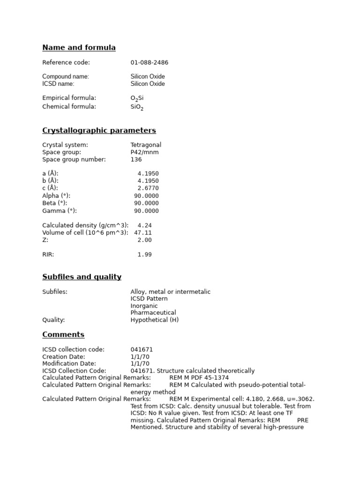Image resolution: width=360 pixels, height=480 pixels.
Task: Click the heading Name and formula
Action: click(x=79, y=48)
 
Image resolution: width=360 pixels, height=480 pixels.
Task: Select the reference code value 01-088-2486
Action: click(x=150, y=63)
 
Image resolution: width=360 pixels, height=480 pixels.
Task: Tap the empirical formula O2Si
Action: click(x=137, y=98)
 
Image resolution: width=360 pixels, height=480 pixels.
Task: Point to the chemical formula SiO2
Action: click(x=137, y=107)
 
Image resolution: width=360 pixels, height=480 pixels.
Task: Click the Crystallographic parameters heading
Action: click(x=99, y=131)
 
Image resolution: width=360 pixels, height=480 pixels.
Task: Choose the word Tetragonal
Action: click(x=146, y=145)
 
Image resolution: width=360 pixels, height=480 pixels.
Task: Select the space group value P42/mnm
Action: click(x=144, y=152)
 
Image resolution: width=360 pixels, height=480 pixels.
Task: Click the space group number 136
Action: click(x=136, y=160)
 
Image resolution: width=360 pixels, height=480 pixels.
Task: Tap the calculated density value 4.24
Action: click(x=145, y=225)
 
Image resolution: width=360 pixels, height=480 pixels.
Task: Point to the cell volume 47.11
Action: click(x=143, y=233)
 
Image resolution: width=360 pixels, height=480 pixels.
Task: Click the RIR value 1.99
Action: click(x=145, y=255)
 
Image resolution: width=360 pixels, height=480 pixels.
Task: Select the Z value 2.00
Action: click(x=145, y=240)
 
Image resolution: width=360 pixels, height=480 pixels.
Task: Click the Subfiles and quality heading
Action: click(x=82, y=277)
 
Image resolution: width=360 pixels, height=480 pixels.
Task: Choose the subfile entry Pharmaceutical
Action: click(x=153, y=313)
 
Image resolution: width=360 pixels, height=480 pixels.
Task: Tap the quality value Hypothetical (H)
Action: click(x=155, y=320)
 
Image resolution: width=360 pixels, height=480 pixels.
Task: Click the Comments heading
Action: click(x=63, y=335)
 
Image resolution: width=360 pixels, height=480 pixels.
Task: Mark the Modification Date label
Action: click(x=69, y=364)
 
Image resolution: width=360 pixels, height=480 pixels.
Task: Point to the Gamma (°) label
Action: click(x=60, y=211)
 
